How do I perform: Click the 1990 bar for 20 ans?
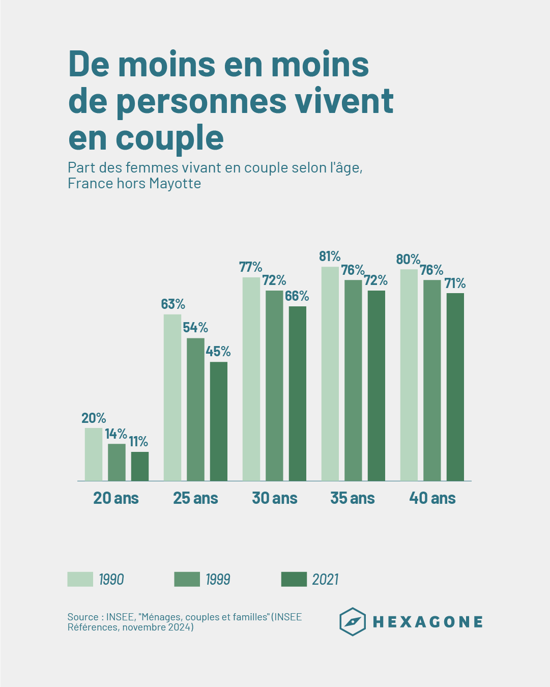93,454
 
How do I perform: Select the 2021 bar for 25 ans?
219,421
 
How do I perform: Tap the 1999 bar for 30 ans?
274,386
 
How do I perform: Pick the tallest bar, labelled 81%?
330,374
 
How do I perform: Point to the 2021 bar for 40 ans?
455,387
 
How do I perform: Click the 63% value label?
173,304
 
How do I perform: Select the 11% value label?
138,442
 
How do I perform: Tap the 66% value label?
297,296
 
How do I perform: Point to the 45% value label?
218,352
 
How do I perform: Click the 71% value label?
455,283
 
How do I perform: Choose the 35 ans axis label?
353,498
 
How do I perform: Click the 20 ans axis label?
116,498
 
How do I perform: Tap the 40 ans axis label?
432,498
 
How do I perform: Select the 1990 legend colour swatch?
80,579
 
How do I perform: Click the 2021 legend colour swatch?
294,579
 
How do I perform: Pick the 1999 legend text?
218,580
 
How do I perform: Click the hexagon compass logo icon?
353,621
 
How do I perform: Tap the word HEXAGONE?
428,622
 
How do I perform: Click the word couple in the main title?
169,137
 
